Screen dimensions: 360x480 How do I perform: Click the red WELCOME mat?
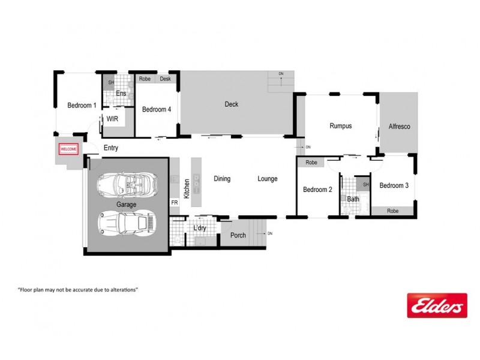point(68,149)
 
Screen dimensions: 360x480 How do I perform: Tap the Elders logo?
point(436,305)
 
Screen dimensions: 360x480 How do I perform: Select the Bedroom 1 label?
point(82,106)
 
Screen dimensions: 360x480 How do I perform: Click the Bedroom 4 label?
point(156,110)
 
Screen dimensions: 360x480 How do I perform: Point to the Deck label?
point(231,104)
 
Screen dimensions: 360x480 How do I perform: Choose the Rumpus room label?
point(340,126)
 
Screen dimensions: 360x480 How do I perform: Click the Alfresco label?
point(398,127)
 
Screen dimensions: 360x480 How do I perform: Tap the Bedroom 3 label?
point(394,186)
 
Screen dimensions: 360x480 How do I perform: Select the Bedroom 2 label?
point(317,190)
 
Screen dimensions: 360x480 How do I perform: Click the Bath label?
point(353,199)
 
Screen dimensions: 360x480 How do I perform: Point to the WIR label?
point(112,119)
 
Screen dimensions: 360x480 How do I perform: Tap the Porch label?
point(238,235)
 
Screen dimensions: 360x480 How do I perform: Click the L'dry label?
point(199,229)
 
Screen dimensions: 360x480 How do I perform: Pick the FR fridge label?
point(175,203)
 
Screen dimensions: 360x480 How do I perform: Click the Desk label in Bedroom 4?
point(166,79)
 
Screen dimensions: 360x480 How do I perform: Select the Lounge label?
point(268,179)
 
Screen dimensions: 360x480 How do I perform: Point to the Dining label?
point(222,179)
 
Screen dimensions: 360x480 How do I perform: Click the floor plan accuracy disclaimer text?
point(78,289)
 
